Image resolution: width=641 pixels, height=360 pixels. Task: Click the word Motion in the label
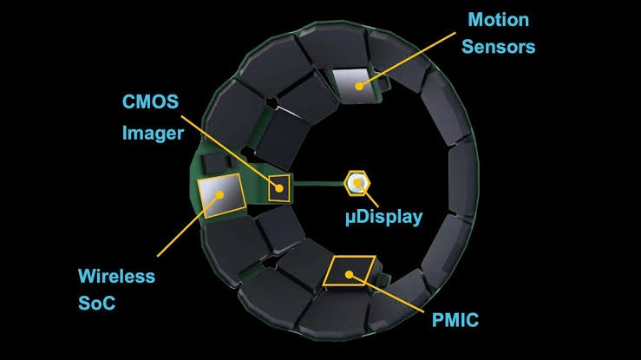(499, 20)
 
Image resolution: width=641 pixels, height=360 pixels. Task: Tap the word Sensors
(499, 47)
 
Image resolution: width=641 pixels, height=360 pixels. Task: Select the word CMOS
(150, 101)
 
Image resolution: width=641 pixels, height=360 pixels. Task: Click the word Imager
(153, 134)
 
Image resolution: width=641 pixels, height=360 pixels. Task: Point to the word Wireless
(116, 276)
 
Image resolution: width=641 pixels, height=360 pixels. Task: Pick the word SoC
(97, 304)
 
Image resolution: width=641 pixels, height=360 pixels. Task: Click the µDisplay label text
(384, 217)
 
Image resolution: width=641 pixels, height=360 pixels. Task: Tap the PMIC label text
(455, 320)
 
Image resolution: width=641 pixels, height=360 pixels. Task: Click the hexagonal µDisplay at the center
(356, 183)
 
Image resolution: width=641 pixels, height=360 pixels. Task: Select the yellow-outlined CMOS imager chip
(279, 188)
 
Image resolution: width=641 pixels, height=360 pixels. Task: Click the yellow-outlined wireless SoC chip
(221, 196)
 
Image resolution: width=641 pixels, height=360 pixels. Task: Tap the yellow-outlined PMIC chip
(349, 271)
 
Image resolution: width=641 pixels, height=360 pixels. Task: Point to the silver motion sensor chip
(354, 85)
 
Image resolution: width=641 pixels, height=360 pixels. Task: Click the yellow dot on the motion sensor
(359, 86)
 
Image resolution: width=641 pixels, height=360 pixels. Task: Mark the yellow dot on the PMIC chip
(349, 275)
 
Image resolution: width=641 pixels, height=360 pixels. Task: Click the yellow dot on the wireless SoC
(219, 195)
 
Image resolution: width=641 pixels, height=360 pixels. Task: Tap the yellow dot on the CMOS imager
(279, 188)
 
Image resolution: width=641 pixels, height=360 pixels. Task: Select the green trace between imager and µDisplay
(318, 184)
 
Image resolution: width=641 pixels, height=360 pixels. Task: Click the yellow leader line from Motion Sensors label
(407, 60)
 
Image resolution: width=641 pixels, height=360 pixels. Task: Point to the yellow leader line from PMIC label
(386, 293)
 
